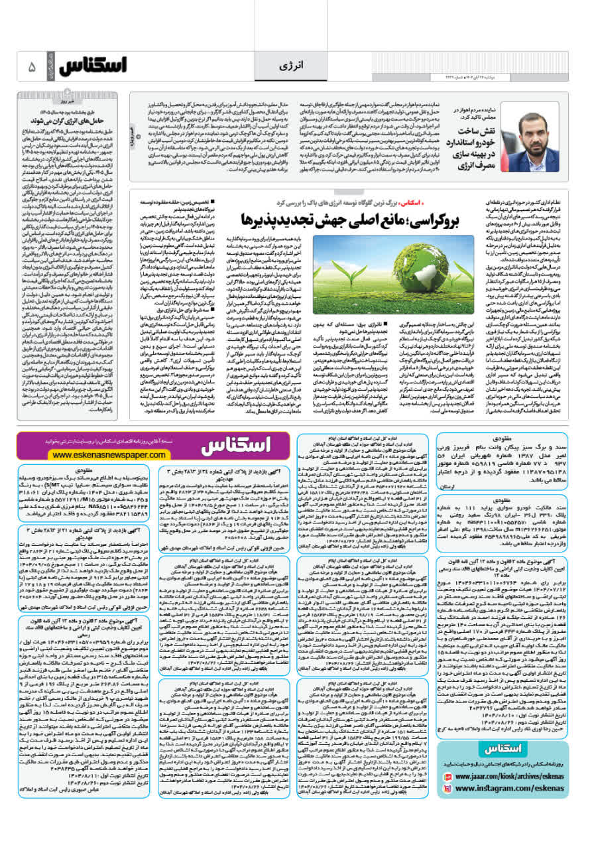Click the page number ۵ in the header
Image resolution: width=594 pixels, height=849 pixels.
pyautogui.click(x=31, y=67)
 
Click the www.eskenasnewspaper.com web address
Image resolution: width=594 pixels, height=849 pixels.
pyautogui.click(x=109, y=454)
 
